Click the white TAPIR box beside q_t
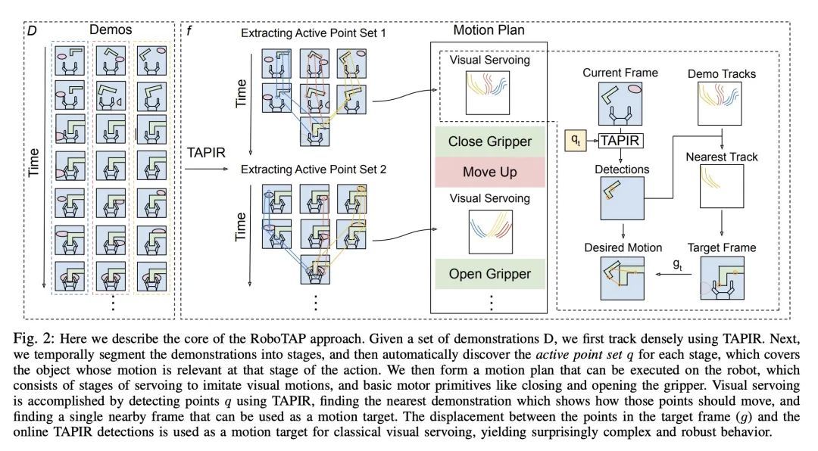tap(621, 140)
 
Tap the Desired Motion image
tap(620, 281)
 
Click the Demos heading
tap(111, 30)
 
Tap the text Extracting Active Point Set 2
tap(314, 170)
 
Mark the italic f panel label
tap(189, 30)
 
